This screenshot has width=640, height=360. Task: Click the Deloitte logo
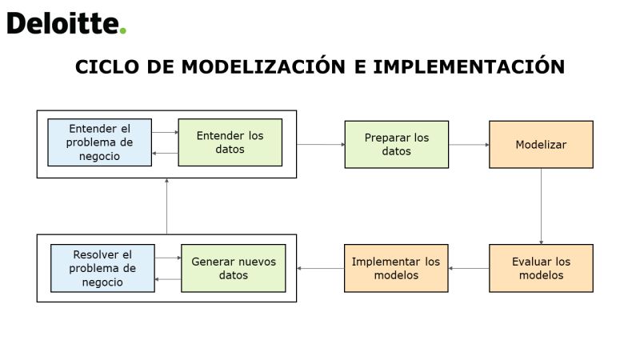(66, 23)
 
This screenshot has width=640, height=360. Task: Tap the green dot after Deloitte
(122, 30)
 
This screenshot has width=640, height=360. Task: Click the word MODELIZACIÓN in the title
(264, 66)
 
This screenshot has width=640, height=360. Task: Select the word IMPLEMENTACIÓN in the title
(469, 66)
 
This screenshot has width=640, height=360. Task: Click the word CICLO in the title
(107, 67)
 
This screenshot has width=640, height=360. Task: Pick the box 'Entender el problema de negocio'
(99, 142)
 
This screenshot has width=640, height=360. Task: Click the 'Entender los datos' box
(230, 142)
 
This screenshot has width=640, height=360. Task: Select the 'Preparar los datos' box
(397, 145)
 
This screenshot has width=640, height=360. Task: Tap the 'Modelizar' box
(542, 145)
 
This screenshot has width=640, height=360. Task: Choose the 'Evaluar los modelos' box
(542, 268)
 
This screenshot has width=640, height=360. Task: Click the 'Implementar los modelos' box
(396, 268)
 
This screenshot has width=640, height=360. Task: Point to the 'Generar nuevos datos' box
(234, 268)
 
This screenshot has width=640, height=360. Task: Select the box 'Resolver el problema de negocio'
(102, 268)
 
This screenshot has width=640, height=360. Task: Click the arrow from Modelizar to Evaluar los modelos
(542, 206)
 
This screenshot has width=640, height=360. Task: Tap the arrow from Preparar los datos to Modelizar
(469, 145)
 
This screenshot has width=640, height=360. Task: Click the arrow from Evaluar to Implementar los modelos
(469, 268)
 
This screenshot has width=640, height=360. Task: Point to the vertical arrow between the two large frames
(166, 206)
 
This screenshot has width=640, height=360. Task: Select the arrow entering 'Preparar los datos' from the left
(321, 144)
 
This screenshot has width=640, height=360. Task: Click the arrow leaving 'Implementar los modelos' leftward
(321, 268)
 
